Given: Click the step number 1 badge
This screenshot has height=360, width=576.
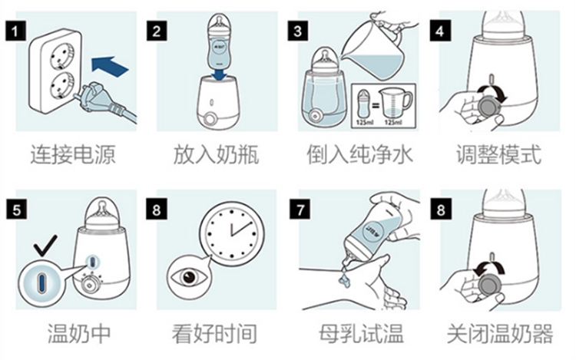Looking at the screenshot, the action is tap(15, 31).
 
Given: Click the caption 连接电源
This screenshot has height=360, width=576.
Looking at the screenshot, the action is tap(73, 154).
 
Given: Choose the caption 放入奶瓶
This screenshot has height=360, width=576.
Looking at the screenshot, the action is tap(216, 154).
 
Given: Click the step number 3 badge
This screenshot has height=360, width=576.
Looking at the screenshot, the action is tap(297, 31).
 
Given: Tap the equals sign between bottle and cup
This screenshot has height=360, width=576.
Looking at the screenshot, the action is tap(376, 106).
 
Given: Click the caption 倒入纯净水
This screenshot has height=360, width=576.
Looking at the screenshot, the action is tap(359, 154).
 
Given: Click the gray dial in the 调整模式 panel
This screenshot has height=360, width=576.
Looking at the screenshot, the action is tap(489, 105).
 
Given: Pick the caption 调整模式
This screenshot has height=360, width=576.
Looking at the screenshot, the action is tap(498, 154).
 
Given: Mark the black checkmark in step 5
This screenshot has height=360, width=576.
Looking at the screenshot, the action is tap(45, 245).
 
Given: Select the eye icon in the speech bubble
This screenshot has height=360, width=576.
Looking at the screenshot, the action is tap(187, 276).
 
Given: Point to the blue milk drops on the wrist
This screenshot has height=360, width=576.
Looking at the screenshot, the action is tap(344, 279).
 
